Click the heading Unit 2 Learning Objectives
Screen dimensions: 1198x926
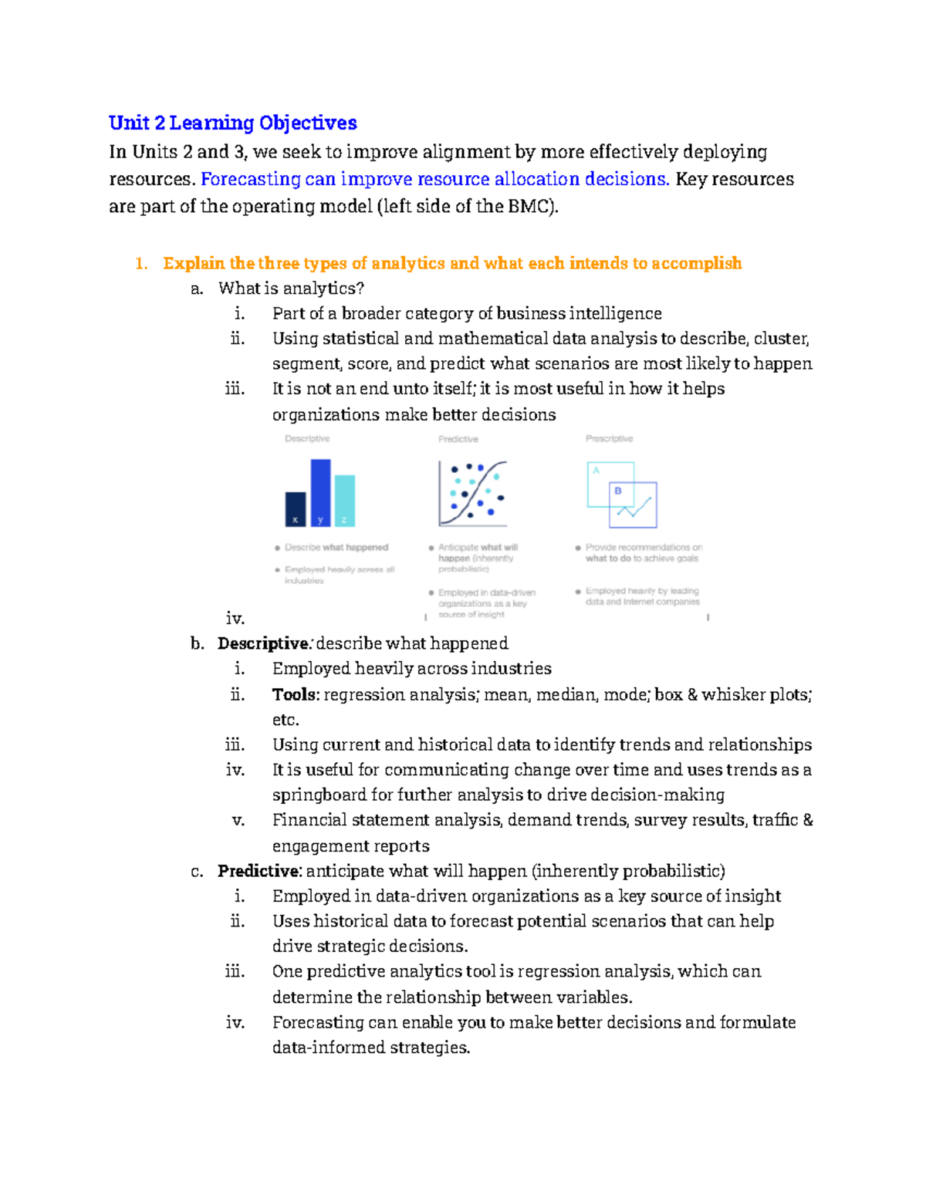coord(232,123)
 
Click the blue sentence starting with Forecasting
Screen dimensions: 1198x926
coord(434,179)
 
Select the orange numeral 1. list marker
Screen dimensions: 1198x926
coord(140,264)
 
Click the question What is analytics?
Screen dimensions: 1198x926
coord(291,289)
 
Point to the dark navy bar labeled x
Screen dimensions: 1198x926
coord(296,508)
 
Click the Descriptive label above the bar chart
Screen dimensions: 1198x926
coord(307,439)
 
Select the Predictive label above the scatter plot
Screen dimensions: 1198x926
coord(458,439)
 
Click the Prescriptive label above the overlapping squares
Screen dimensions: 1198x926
coord(609,439)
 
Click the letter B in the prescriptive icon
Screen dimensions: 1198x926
coord(618,491)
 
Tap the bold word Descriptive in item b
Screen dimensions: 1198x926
coord(263,643)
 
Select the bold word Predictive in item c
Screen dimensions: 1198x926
coord(259,871)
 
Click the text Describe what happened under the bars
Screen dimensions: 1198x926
coord(336,548)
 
